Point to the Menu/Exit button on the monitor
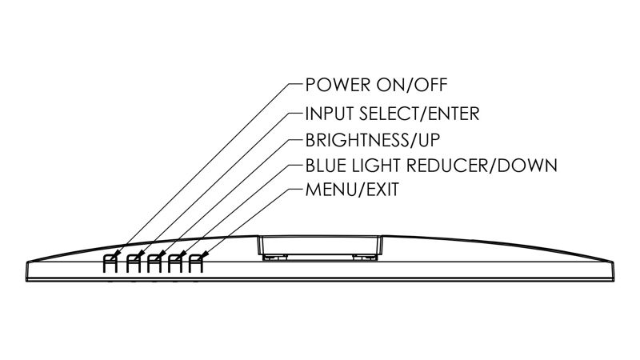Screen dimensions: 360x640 [x=194, y=262]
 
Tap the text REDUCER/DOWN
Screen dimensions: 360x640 [x=488, y=166]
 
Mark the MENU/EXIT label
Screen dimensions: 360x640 [x=352, y=192]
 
